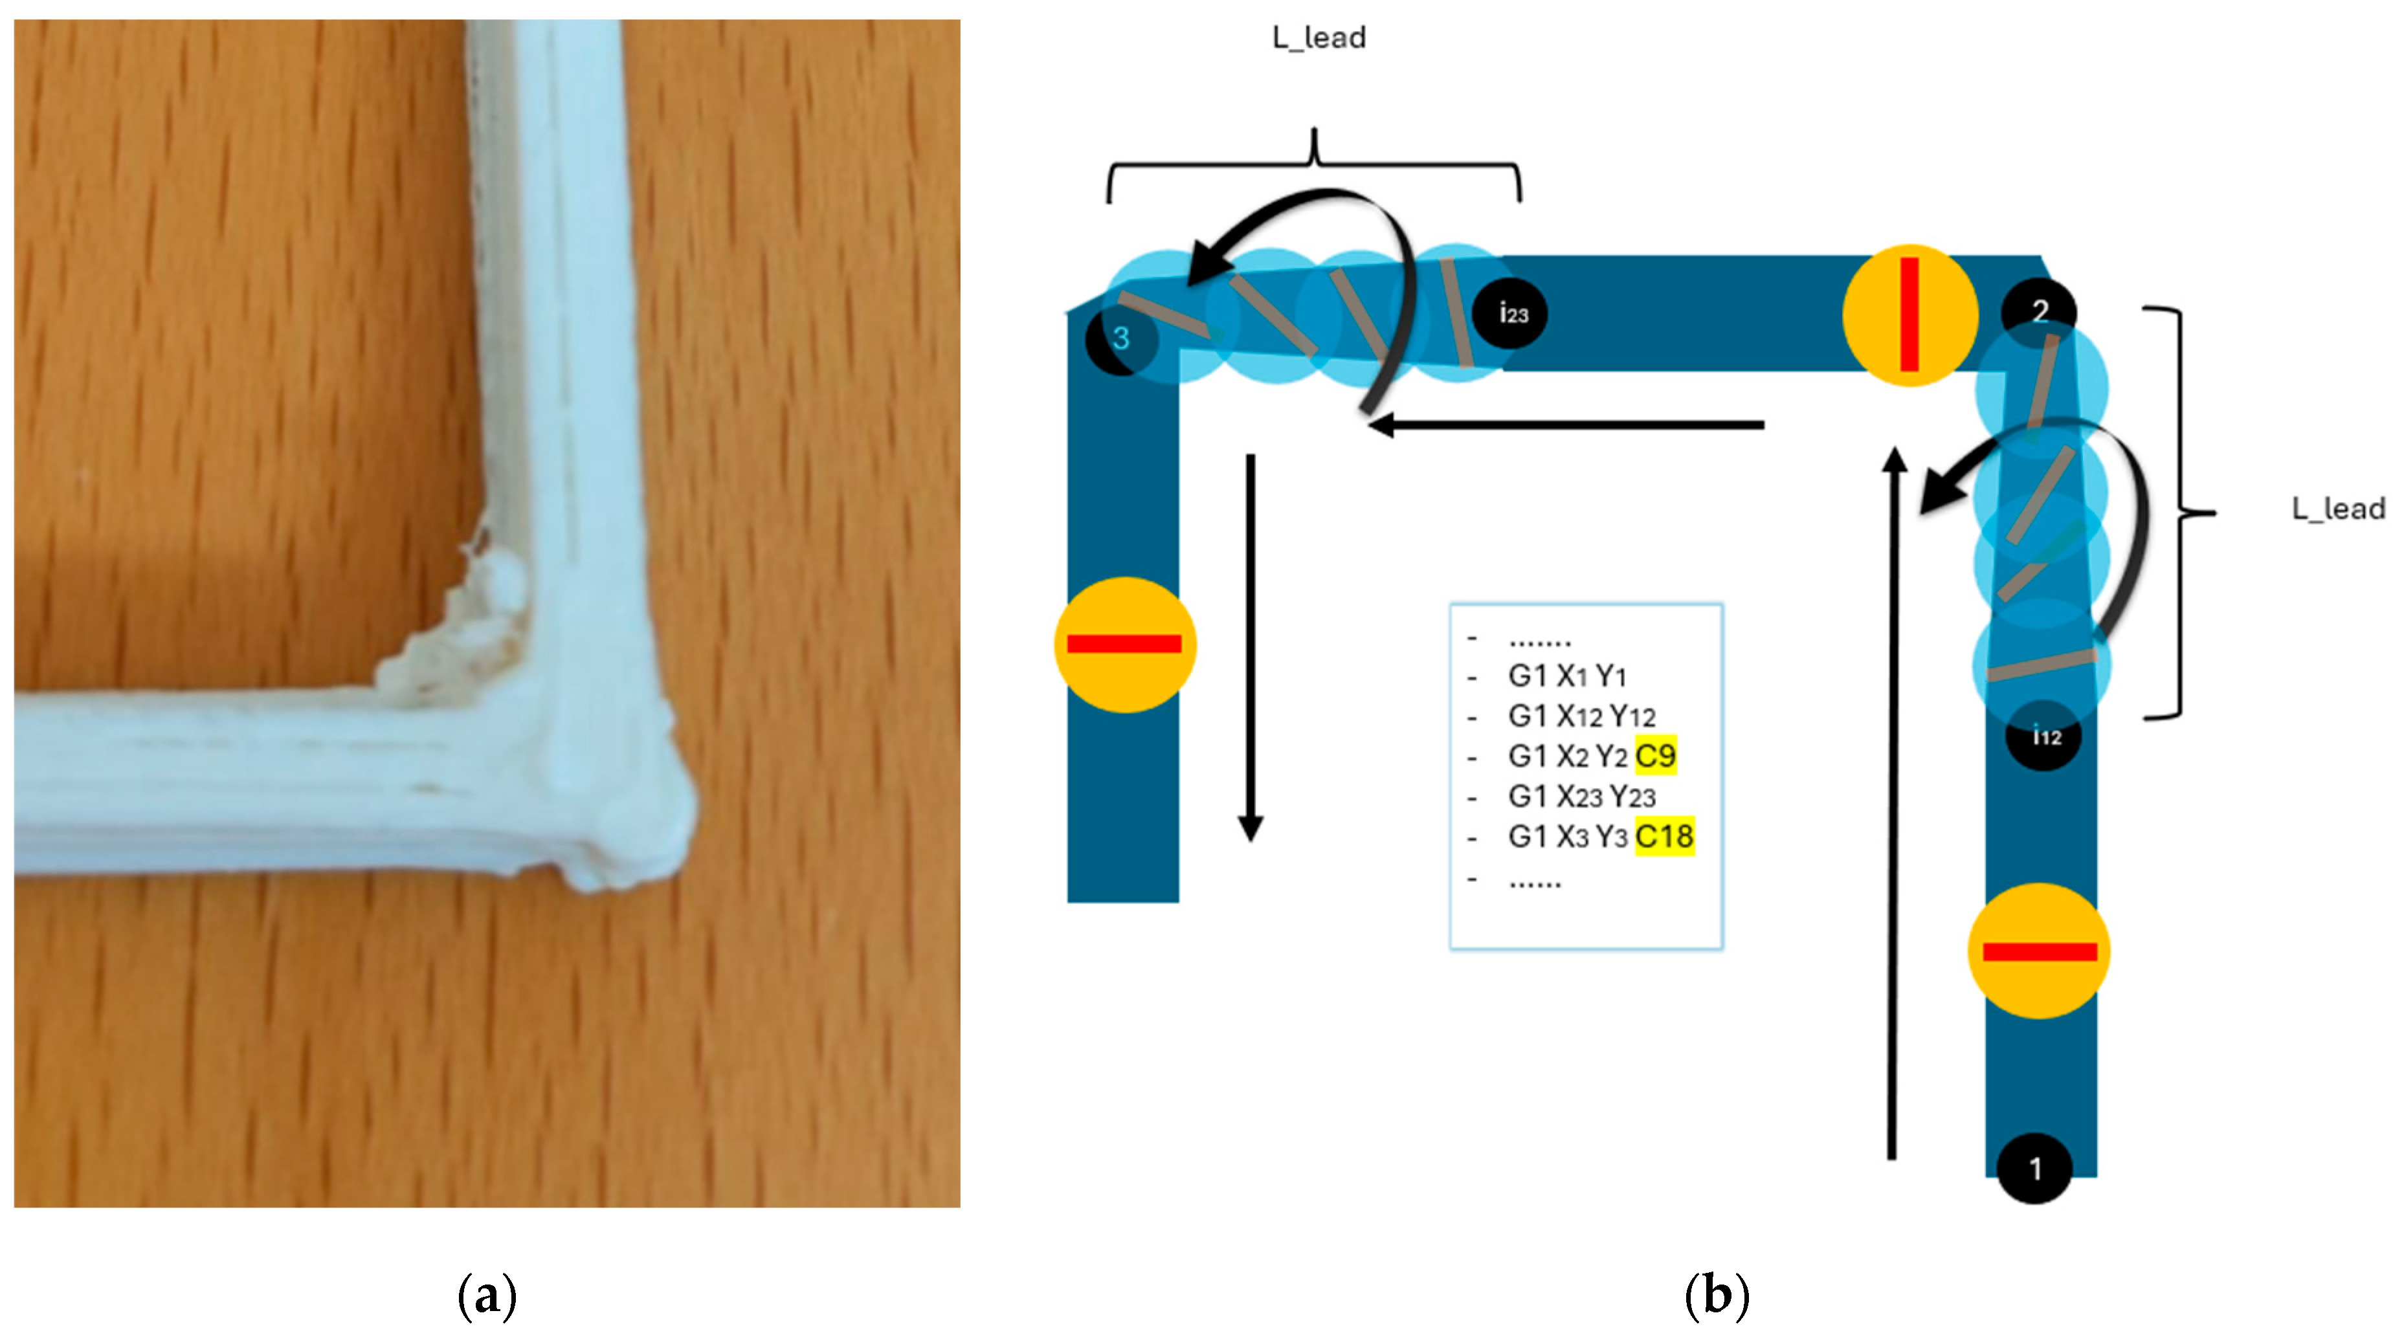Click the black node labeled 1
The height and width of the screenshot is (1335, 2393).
click(2034, 1168)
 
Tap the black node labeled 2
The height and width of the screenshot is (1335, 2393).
click(2039, 311)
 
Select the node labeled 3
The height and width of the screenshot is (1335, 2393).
click(1120, 338)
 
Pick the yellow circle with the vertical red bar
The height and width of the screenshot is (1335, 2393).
click(1909, 315)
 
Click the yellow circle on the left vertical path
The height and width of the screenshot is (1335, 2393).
click(1124, 644)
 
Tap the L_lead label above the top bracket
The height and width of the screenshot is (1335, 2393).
click(1319, 38)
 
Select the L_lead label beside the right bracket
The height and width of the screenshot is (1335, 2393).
click(2337, 509)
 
